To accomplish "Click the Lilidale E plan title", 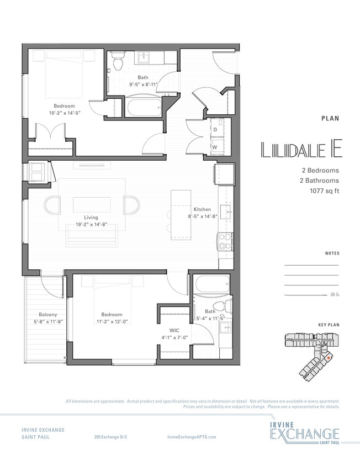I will pos(300,150).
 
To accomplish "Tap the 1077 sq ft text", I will pos(320,190).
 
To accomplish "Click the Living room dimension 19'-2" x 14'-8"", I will pos(91,225).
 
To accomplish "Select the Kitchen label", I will pos(202,210).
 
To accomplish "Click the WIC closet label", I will pos(175,330).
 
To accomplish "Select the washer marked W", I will pos(214,147).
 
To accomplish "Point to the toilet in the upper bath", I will pos(117,62).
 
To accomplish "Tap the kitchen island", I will pos(181,214).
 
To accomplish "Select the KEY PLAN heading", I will pos(329,325).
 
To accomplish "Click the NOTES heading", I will pos(332,253).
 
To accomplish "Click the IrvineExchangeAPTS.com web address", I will pos(191,437).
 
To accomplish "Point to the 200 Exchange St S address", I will pos(111,437).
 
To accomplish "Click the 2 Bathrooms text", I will pos(317,181).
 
